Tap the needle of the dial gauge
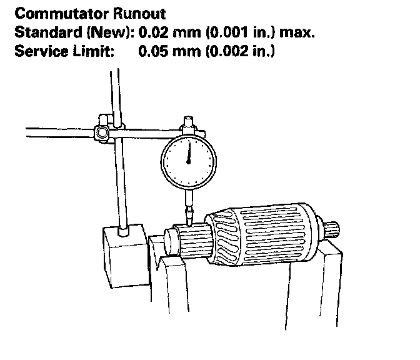188,154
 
